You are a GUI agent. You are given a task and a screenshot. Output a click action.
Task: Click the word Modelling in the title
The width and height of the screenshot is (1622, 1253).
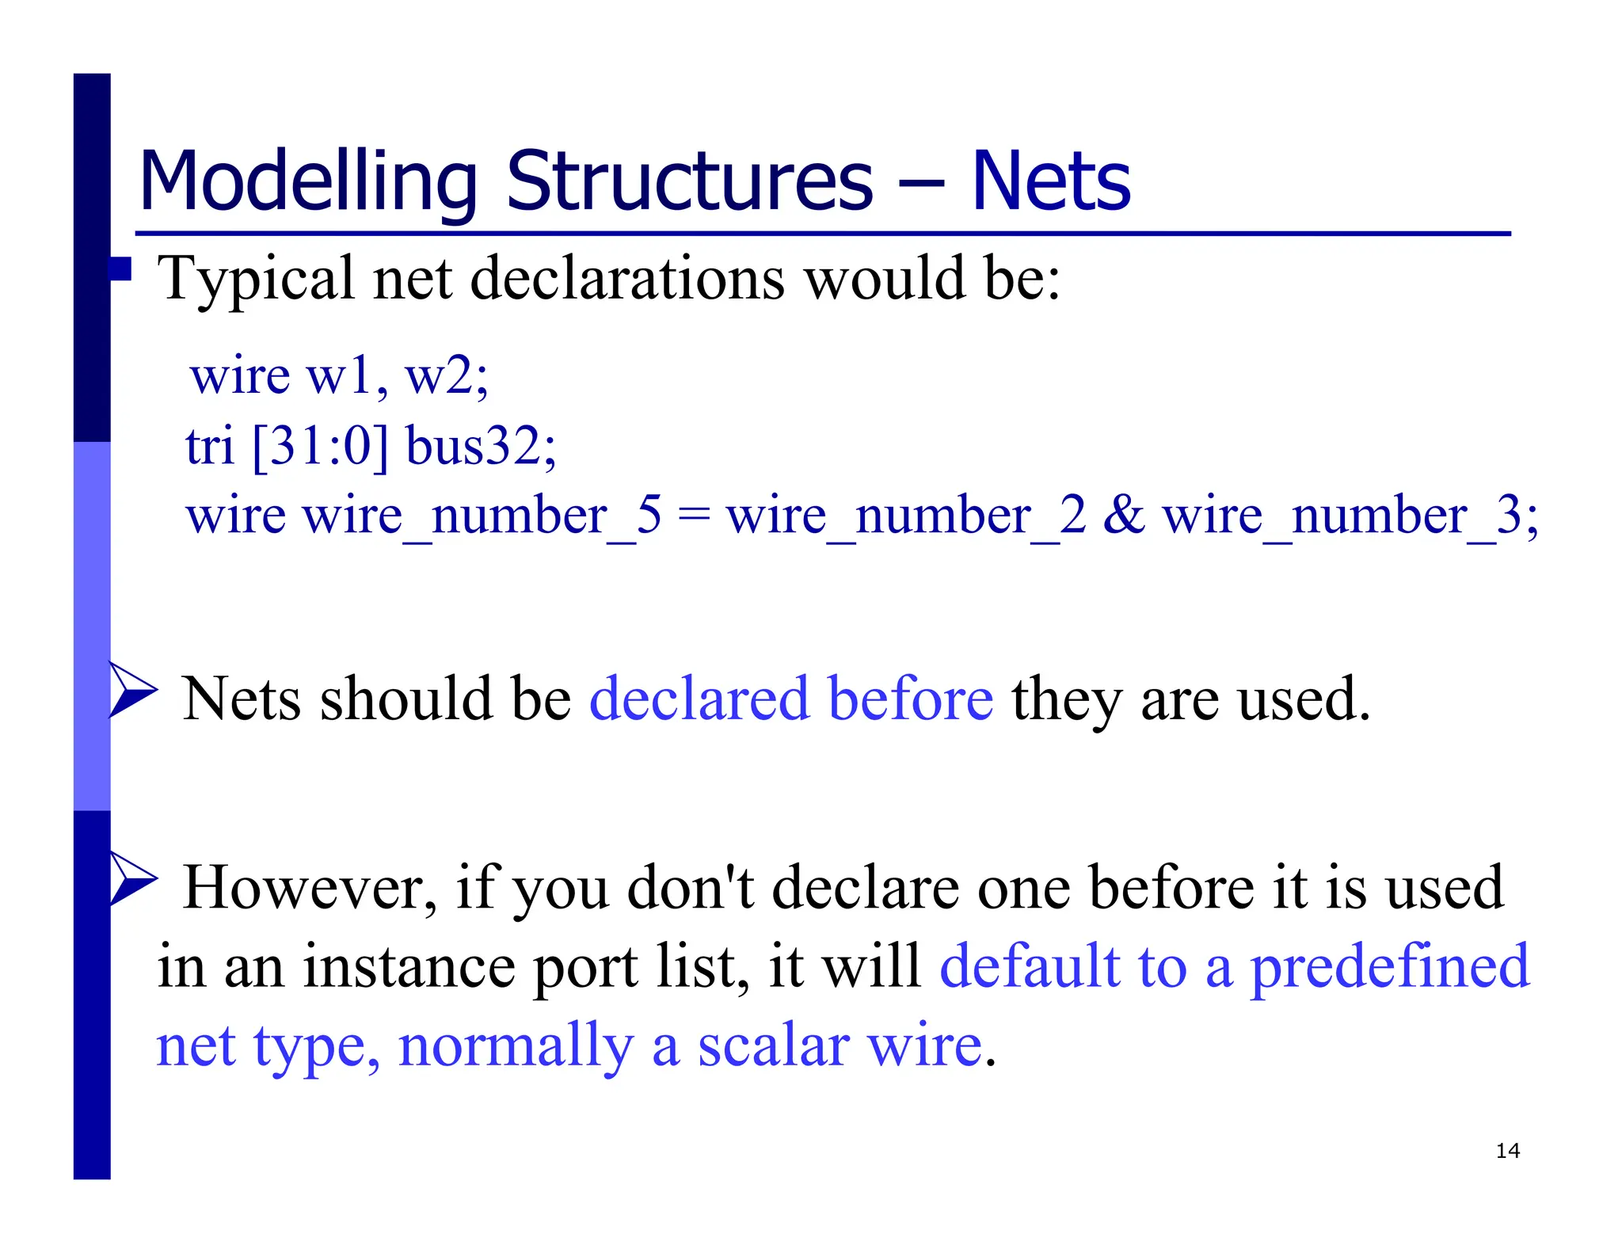tap(307, 183)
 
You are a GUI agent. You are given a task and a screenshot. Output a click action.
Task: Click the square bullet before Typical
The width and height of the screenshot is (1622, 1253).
tap(120, 269)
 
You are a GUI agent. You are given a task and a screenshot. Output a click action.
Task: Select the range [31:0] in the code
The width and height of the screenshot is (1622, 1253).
tap(321, 445)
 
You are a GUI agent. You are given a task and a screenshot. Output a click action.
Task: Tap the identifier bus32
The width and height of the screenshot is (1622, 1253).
tap(480, 445)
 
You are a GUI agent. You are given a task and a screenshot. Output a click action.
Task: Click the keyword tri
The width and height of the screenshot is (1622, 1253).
tap(210, 445)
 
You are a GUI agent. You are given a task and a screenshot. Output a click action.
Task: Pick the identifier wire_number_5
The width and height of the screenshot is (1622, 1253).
tap(482, 516)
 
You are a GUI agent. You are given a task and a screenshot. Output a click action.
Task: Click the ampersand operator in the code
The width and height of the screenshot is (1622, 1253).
tap(1124, 515)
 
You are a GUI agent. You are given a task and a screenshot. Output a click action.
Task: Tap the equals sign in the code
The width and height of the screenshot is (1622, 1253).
tap(695, 516)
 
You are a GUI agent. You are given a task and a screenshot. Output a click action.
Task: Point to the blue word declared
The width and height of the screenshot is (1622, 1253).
tap(699, 699)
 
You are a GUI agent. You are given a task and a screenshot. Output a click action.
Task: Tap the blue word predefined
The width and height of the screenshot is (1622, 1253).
tap(1389, 967)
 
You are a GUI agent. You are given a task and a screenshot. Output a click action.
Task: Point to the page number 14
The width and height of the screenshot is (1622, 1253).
tap(1507, 1151)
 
